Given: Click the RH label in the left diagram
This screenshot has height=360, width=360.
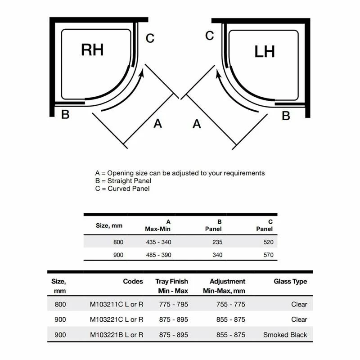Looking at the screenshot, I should [92, 49].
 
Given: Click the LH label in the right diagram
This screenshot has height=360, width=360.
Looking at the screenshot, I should [265, 51].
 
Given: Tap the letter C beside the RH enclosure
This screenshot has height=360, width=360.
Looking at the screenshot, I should [150, 39].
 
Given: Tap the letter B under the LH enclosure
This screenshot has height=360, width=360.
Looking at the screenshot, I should [286, 116].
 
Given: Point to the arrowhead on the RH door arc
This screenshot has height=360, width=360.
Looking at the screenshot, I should [143, 72].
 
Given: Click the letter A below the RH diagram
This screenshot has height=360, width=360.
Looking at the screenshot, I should [157, 123].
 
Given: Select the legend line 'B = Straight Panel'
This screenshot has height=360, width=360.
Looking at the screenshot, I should [123, 181].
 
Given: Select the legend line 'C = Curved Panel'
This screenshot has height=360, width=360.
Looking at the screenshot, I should [122, 189].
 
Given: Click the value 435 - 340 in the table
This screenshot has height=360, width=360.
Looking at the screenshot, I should [158, 242].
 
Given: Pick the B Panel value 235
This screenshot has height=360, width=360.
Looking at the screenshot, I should [217, 242].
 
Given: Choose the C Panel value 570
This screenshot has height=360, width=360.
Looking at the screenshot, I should [269, 255].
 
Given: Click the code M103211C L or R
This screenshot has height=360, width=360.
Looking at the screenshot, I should [117, 304].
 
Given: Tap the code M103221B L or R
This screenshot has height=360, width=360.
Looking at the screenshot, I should [117, 335].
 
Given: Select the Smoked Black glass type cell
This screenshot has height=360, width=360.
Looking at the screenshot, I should [285, 335].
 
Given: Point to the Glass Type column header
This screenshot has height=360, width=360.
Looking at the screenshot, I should [290, 282].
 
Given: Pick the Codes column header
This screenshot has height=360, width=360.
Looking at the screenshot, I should [133, 282].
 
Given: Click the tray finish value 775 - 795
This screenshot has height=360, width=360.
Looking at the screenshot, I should [174, 304].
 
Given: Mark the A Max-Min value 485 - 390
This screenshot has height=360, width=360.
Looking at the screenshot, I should [158, 255].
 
